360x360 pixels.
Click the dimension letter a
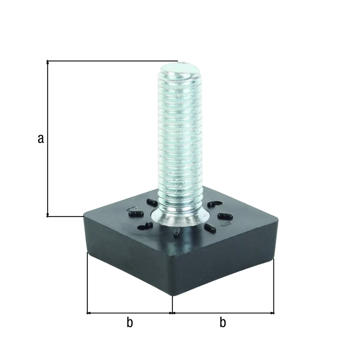coord(41,139)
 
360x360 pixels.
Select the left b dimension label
coord(129,323)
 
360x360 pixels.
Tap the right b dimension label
coord(223,323)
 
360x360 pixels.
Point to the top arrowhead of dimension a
coord(47,62)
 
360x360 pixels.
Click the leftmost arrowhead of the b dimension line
coord(88,313)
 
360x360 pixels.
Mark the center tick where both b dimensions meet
coord(172,313)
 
